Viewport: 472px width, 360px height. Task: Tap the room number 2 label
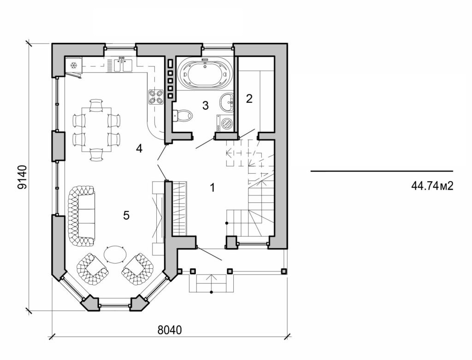pos(249,98)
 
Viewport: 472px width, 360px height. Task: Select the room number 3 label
pos(206,106)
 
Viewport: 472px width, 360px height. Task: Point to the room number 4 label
pos(139,148)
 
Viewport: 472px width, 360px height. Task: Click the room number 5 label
pos(126,215)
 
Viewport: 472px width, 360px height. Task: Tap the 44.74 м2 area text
pos(432,186)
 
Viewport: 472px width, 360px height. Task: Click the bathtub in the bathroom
pos(205,72)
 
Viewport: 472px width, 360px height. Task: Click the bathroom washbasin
pos(227,102)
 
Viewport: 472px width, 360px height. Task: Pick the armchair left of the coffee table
pos(93,269)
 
